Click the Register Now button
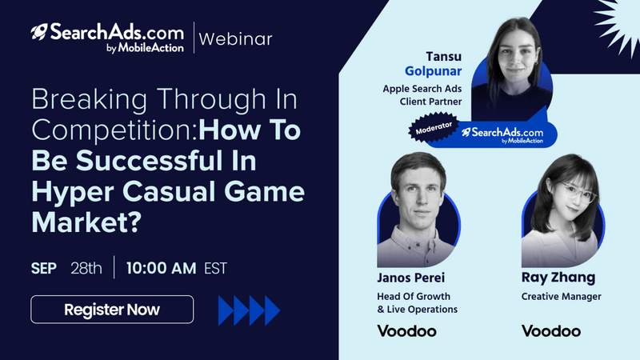point(112,310)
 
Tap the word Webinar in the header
point(235,39)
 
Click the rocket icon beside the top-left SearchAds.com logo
point(39,31)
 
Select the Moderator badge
point(434,128)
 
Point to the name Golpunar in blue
point(433,71)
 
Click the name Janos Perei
point(410,278)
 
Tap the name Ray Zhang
point(558,278)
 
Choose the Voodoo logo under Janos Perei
point(406,331)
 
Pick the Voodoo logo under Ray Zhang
point(551,331)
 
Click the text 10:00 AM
point(162,268)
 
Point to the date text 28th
point(86,268)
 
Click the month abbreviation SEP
point(44,269)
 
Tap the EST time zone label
point(215,269)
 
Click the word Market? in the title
point(86,222)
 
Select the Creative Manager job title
point(562,297)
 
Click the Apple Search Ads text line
point(422,89)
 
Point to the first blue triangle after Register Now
point(226,310)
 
